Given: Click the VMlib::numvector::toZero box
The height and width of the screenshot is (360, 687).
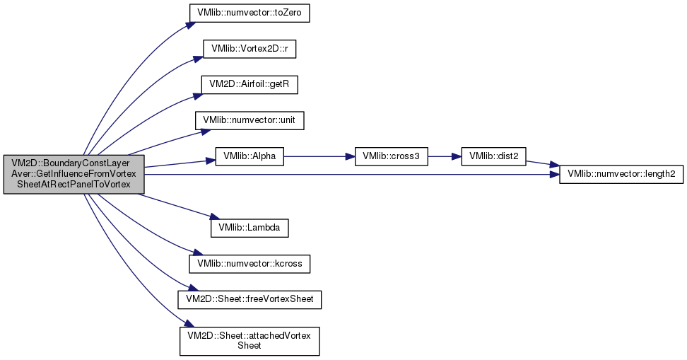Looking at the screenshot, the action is tap(249, 13).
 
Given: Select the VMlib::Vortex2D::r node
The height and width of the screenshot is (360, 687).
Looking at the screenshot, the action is tap(249, 49).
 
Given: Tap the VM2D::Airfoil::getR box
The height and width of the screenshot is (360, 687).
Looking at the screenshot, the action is tap(249, 84).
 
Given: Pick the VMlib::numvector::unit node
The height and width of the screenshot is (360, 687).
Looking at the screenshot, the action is tap(249, 120).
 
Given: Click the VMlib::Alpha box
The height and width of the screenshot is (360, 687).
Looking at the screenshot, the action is tap(249, 156).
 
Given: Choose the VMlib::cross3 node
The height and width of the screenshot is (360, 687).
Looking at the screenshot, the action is tap(391, 156).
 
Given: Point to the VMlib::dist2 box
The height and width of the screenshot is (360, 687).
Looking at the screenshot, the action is tap(493, 156).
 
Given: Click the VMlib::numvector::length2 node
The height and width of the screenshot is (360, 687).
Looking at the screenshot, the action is tap(621, 174).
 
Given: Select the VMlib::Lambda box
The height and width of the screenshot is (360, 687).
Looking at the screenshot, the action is tap(249, 228).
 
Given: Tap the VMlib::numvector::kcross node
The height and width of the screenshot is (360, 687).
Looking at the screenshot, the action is tap(249, 264).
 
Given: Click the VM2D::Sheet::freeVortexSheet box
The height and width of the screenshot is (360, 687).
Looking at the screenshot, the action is tap(249, 299).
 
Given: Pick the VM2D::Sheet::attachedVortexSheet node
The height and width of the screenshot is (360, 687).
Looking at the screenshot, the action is tap(249, 341).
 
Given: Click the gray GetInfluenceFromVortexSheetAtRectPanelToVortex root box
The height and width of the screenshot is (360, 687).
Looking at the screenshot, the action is tap(74, 174).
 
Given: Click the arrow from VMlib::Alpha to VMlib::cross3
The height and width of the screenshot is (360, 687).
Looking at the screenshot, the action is tap(319, 156).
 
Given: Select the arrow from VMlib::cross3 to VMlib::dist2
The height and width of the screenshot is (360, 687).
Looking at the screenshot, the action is tap(445, 156).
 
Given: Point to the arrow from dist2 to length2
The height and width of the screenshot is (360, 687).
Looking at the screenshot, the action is tap(542, 163).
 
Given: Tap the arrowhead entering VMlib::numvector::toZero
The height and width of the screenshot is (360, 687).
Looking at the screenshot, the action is tap(191, 23).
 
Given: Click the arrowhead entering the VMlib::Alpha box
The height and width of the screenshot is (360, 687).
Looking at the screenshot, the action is tap(211, 161).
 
